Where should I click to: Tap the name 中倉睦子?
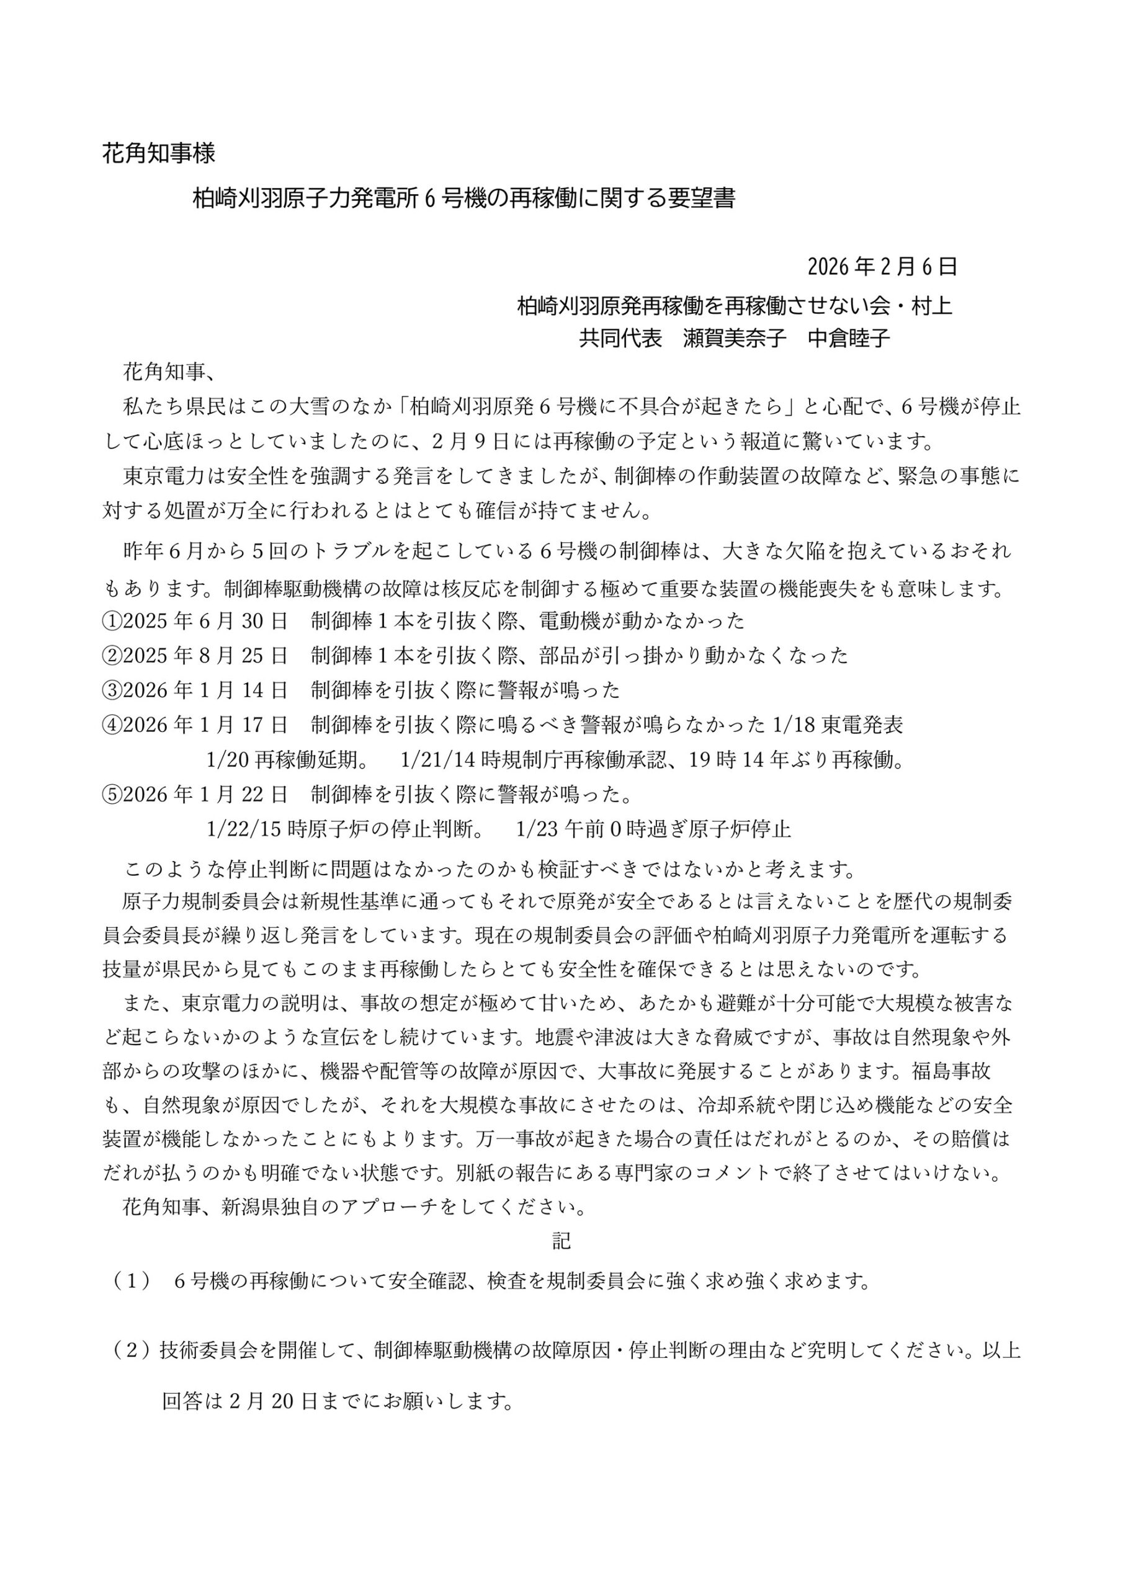tap(849, 338)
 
